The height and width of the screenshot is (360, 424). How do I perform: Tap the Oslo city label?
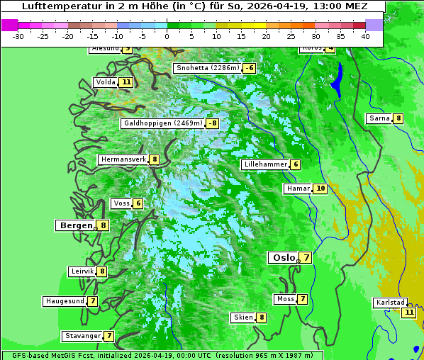(x=284, y=258)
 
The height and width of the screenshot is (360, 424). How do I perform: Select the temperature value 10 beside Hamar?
(x=320, y=189)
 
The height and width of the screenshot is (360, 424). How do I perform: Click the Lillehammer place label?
(x=265, y=164)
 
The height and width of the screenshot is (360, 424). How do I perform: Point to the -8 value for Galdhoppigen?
(x=212, y=123)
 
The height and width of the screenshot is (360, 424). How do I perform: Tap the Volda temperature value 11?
(x=126, y=82)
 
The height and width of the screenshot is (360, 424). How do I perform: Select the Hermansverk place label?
(x=123, y=159)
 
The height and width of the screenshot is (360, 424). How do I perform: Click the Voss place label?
(x=121, y=203)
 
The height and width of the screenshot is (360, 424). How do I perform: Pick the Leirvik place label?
(x=82, y=271)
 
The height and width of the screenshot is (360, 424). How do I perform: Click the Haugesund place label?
(x=65, y=301)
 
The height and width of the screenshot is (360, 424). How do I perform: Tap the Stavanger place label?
(x=82, y=336)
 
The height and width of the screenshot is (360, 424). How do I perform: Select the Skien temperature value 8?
(x=262, y=317)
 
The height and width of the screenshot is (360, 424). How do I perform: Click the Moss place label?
(x=286, y=299)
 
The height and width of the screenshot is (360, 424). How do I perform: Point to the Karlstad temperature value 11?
(x=408, y=312)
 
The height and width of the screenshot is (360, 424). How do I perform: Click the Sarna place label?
(x=379, y=118)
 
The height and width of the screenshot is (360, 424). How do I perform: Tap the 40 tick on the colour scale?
(x=365, y=35)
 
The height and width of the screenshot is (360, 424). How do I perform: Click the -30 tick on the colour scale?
(x=18, y=35)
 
